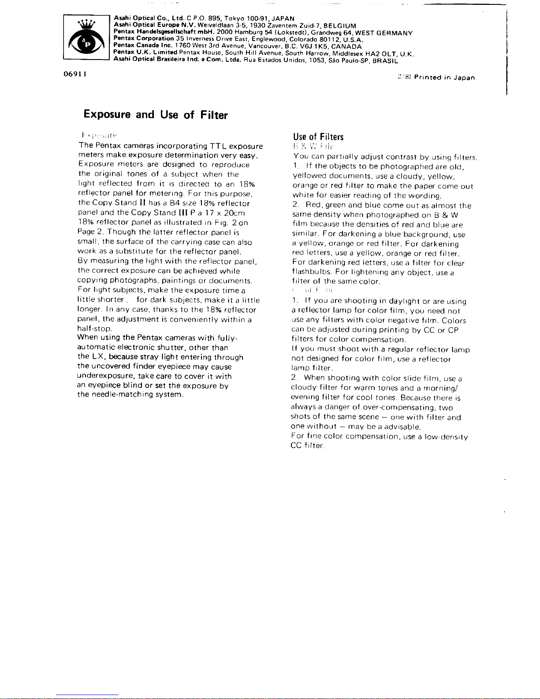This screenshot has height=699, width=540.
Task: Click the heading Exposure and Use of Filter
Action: click(156, 115)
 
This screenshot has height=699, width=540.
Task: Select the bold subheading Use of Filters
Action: click(318, 137)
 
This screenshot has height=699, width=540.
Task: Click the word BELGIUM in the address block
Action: click(340, 26)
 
